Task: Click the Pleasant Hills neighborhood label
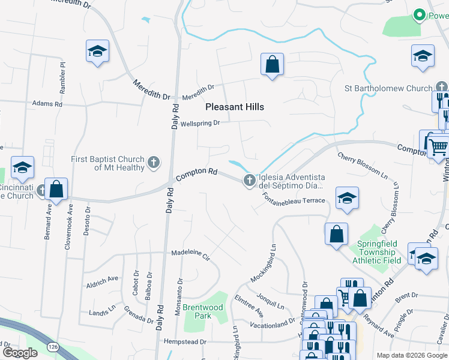[235, 107]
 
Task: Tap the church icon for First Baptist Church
[154, 162]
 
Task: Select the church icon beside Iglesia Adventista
[250, 180]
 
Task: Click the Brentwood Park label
[202, 311]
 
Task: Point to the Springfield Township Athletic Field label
[379, 252]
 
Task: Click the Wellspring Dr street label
[200, 124]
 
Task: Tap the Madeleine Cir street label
[190, 253]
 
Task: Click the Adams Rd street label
[47, 104]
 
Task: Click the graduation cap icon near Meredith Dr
[97, 52]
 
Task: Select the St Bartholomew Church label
[388, 88]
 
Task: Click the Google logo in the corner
[20, 352]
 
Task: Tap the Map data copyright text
[412, 355]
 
